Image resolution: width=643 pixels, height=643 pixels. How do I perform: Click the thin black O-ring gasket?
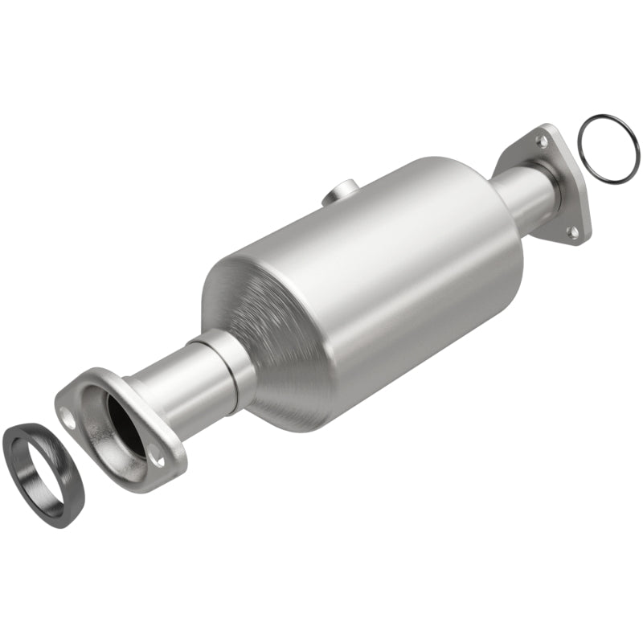pyautogui.click(x=581, y=133)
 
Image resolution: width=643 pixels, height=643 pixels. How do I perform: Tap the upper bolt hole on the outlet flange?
pyautogui.click(x=543, y=141)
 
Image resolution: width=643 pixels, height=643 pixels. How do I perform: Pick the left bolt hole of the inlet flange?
pyautogui.click(x=71, y=418)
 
